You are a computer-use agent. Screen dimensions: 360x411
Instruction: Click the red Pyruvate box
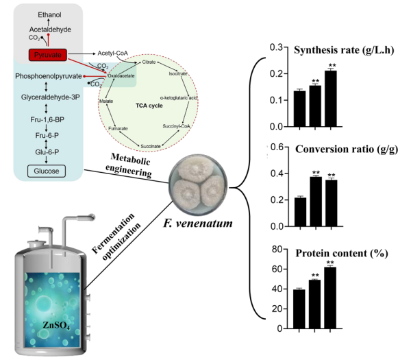click(46, 53)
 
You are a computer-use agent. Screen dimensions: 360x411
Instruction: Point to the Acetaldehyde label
click(49, 30)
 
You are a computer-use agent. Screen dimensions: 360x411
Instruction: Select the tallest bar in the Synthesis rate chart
click(331, 99)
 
